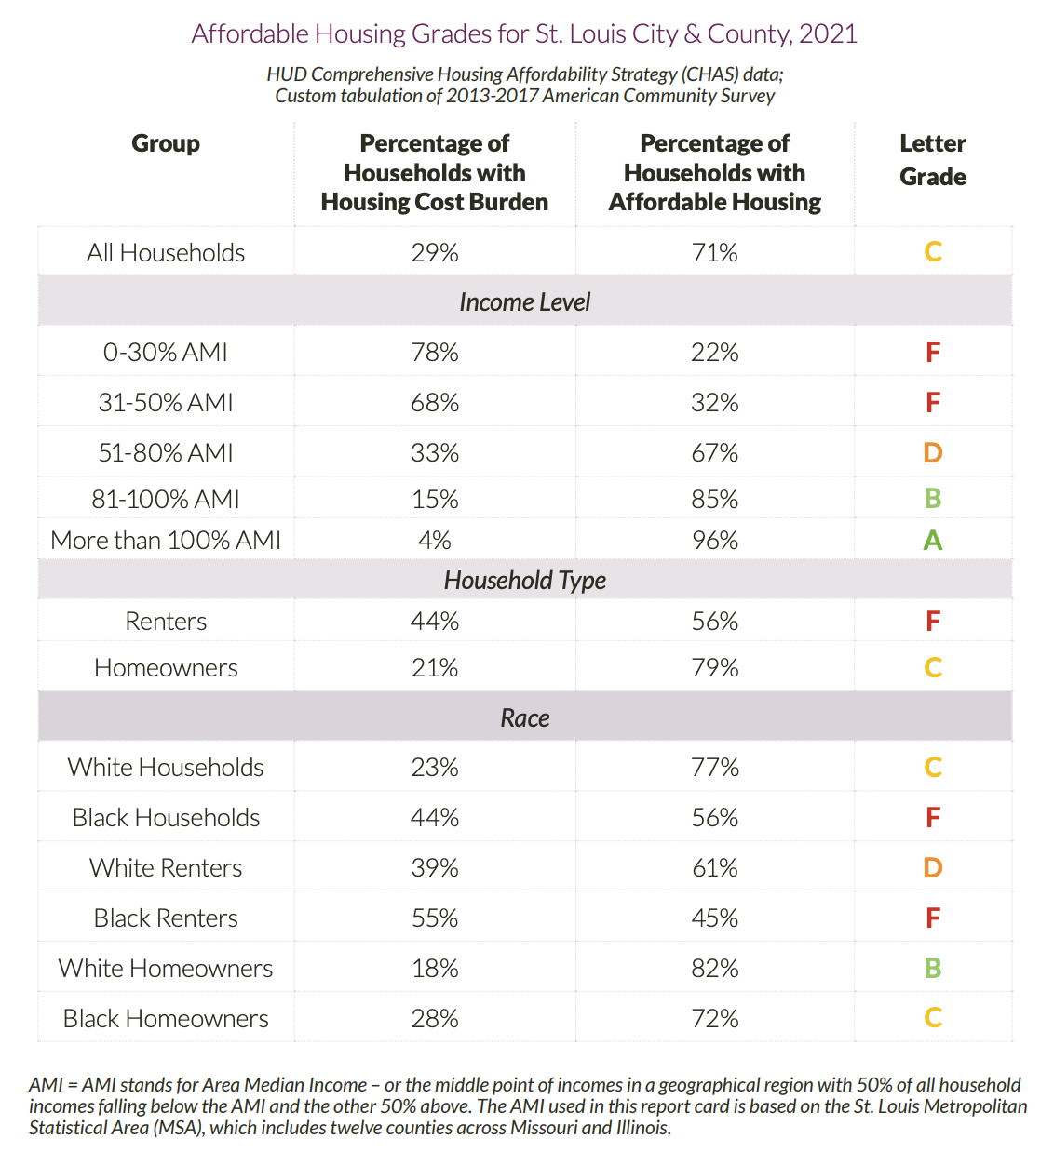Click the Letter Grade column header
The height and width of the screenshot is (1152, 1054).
[x=932, y=160]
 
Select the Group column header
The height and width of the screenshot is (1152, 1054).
[x=166, y=143]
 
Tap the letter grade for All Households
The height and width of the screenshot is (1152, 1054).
[x=932, y=252]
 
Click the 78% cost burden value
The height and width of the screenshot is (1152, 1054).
[x=435, y=353]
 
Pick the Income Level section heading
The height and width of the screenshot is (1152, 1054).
[x=524, y=302]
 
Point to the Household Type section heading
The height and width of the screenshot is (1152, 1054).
[x=524, y=581]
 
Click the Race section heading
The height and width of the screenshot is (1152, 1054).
[x=524, y=718]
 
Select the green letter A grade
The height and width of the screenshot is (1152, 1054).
[x=932, y=541]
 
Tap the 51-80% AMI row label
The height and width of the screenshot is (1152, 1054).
[x=166, y=453]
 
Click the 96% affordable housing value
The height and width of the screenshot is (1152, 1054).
[x=714, y=541]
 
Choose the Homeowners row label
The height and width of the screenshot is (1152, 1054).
[x=166, y=668]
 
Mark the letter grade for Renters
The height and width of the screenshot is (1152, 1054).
[x=932, y=622]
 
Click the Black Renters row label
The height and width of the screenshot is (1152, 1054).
[x=166, y=918]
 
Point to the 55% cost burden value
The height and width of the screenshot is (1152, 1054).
[x=435, y=918]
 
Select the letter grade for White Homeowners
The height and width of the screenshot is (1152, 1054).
[x=932, y=969]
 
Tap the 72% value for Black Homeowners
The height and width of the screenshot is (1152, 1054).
[x=714, y=1019]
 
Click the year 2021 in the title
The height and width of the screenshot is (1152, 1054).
[x=828, y=34]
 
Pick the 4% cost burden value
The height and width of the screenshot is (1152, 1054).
[x=435, y=541]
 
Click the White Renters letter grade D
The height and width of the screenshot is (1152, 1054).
[x=932, y=868]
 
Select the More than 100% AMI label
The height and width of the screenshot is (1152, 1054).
[x=166, y=541]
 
